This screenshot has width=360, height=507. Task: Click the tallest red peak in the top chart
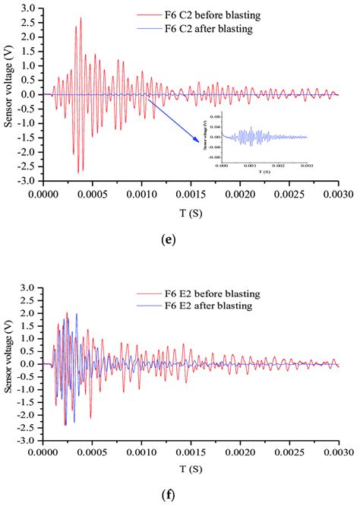point(81,18)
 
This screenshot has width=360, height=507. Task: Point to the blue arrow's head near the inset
point(200,141)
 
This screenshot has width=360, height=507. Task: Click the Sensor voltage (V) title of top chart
point(8,95)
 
